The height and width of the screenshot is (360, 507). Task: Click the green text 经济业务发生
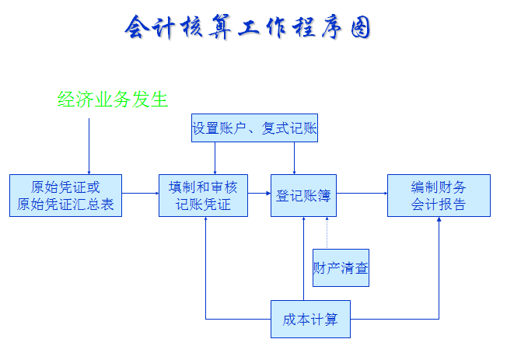tap(113, 100)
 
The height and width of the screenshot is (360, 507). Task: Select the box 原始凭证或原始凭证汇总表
tap(66, 195)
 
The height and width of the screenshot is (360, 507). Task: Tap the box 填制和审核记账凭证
tap(203, 195)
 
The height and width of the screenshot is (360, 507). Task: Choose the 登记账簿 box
tap(303, 195)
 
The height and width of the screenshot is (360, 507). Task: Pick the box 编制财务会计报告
tap(439, 195)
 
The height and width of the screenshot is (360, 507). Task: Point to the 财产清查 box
tap(341, 268)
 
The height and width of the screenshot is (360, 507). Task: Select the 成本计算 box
tap(310, 319)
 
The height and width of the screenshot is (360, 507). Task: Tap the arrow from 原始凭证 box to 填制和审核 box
tap(141, 194)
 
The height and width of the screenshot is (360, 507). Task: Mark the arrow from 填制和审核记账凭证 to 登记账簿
tap(259, 194)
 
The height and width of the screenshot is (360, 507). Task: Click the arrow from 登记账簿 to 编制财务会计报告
tap(362, 194)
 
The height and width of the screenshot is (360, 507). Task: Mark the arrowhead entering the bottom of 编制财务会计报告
tap(439, 222)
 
